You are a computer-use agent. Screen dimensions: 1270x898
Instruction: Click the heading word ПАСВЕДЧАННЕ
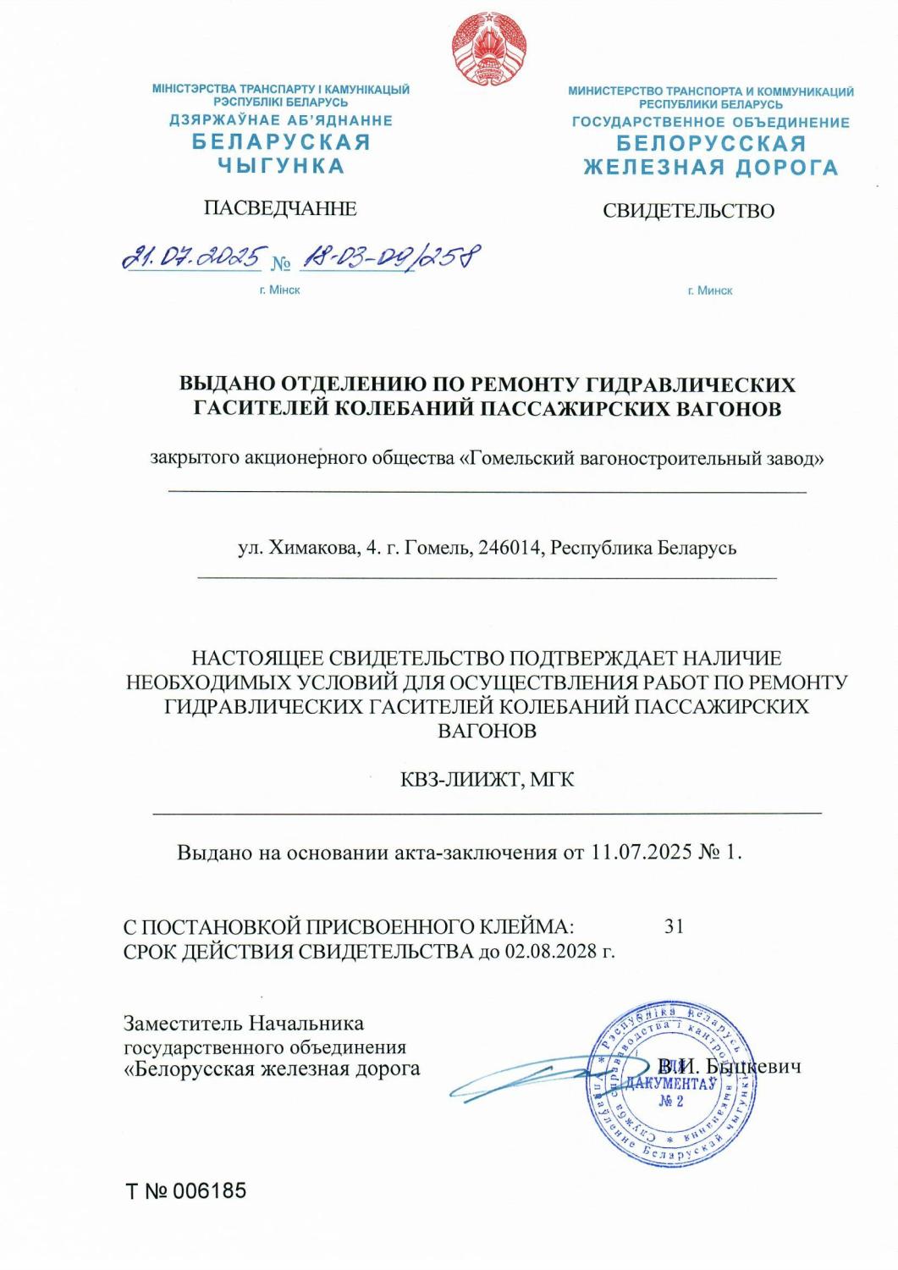coord(280,208)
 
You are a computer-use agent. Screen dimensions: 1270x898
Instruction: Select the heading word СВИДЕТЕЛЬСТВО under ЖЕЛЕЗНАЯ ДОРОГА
coord(687,211)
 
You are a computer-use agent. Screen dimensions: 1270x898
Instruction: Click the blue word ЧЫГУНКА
coord(281,166)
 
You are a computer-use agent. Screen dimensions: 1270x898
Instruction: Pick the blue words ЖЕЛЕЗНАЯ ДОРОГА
coord(710,168)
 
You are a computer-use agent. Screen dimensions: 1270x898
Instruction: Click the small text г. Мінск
coord(280,290)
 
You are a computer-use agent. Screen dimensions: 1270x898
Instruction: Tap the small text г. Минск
coord(709,290)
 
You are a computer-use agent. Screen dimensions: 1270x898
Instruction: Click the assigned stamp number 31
coord(674,926)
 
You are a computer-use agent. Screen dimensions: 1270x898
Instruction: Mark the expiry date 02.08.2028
coord(550,952)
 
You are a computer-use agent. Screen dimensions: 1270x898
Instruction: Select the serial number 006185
coord(210,1191)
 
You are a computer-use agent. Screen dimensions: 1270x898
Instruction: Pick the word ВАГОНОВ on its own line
coord(487,731)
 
